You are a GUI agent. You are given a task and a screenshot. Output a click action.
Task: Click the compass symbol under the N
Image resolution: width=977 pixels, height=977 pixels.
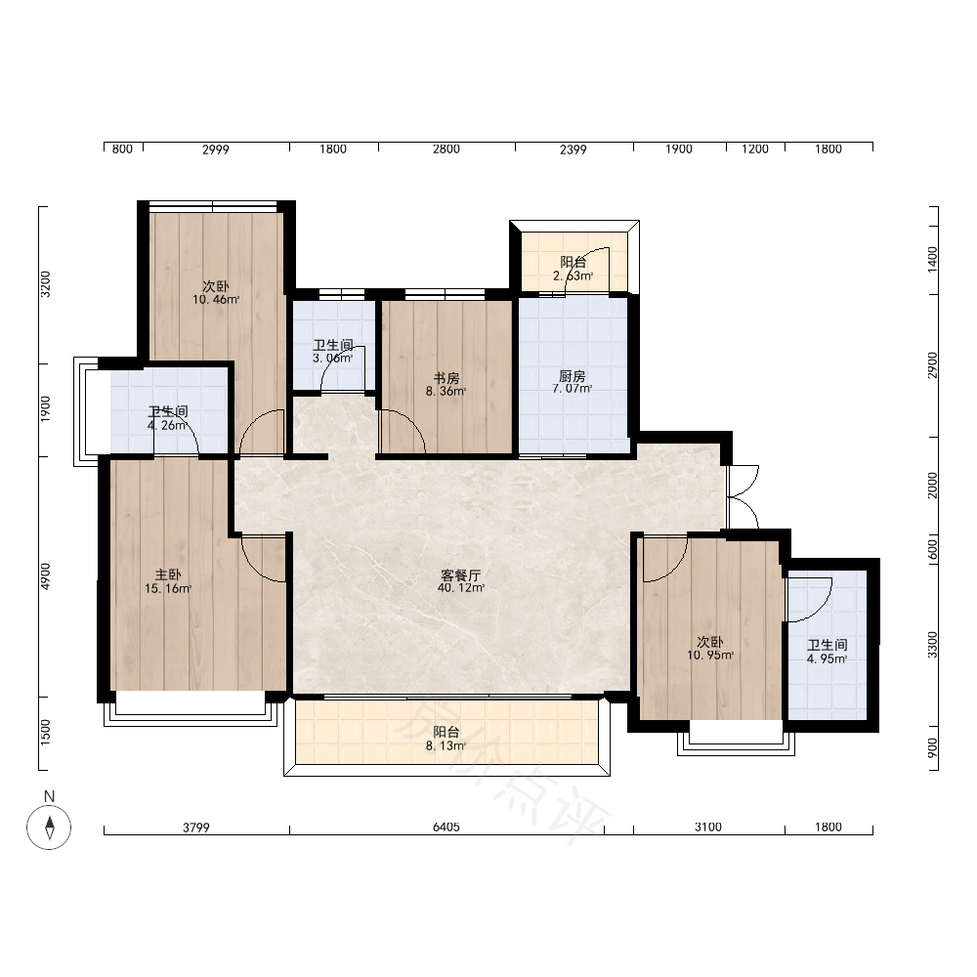[x=49, y=828]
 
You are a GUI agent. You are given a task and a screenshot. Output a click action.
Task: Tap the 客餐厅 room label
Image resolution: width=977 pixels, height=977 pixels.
[x=460, y=575]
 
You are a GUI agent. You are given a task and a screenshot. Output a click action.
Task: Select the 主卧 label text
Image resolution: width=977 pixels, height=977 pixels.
[x=168, y=575]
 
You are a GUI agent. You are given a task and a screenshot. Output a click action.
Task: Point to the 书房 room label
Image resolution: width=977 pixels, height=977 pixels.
[x=446, y=378]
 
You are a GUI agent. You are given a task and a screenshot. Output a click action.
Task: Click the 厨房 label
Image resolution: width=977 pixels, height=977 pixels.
[x=572, y=376]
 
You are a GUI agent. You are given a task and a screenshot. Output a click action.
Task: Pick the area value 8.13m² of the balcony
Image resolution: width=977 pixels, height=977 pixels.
[x=446, y=745]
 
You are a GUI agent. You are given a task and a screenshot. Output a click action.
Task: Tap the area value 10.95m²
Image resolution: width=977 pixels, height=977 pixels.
[x=709, y=656]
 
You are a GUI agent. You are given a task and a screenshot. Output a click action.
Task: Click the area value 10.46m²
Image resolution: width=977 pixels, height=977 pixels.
[x=216, y=300]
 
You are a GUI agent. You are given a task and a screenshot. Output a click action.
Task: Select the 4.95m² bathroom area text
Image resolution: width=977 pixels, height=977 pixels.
[x=827, y=659]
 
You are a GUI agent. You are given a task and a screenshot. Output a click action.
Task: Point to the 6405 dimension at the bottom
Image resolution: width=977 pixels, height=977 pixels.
[x=446, y=827]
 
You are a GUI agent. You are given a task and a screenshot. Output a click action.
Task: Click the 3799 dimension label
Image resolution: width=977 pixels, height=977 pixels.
[x=195, y=828]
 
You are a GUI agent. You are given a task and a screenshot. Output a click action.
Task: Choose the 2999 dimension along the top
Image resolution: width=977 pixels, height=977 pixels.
[x=216, y=149]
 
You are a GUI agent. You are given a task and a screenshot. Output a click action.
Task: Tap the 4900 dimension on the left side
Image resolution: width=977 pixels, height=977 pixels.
[x=46, y=576]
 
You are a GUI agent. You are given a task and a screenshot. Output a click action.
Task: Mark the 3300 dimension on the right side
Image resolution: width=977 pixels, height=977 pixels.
[x=932, y=644]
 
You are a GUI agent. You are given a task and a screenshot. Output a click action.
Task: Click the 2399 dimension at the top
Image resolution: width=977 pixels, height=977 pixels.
[x=573, y=149]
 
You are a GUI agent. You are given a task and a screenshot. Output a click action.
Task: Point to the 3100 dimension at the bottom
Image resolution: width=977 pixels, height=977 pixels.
[x=707, y=827]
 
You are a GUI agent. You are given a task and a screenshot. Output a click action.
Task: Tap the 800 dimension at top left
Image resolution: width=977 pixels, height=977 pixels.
[x=122, y=149]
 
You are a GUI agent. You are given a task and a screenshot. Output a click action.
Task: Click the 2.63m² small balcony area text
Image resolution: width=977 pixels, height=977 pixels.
[x=573, y=276]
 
